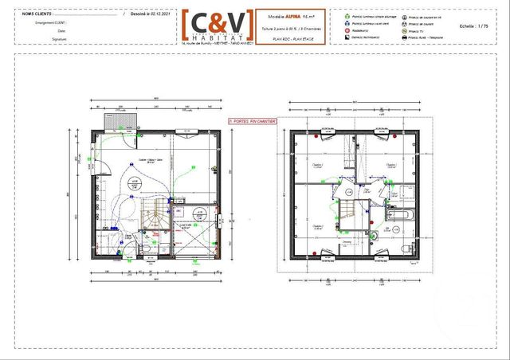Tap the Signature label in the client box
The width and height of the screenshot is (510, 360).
(x=57, y=37)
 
